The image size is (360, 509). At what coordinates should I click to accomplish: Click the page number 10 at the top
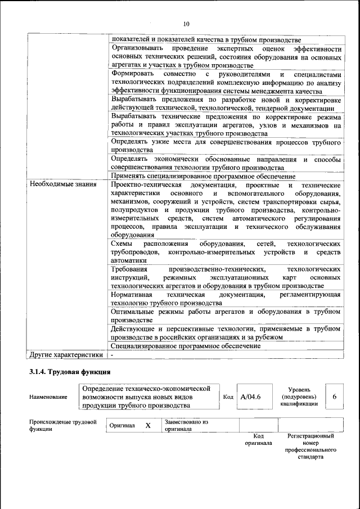186,24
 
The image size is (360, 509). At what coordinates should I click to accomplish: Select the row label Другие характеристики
66,355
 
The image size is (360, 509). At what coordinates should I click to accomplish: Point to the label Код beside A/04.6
228,397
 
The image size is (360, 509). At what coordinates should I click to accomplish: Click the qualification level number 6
334,397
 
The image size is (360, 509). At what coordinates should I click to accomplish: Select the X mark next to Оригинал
148,426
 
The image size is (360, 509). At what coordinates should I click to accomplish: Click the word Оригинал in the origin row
122,426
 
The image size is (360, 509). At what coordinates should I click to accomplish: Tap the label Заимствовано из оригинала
186,425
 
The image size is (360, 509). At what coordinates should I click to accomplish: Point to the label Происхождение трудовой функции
62,425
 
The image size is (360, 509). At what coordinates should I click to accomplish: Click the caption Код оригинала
258,439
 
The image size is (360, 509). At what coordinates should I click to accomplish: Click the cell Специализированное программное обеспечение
185,346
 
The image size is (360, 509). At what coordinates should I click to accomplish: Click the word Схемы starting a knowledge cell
122,244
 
